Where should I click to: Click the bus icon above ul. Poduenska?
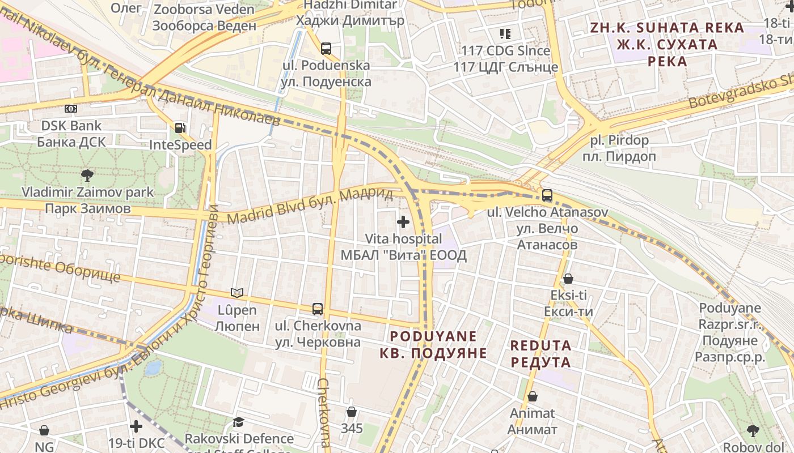326,49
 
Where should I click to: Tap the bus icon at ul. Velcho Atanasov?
547,195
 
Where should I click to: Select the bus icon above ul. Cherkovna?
318,309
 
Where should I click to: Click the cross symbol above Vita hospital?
403,222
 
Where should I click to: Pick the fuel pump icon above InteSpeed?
180,129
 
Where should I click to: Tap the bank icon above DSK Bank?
71,109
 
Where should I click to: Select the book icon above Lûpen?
237,293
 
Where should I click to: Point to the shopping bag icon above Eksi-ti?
568,279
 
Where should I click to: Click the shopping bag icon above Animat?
532,397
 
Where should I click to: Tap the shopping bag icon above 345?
352,412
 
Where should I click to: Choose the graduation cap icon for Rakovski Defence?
239,422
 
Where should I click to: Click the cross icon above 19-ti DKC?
136,426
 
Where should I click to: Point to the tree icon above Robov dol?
753,431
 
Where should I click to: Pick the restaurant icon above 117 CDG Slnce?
505,34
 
